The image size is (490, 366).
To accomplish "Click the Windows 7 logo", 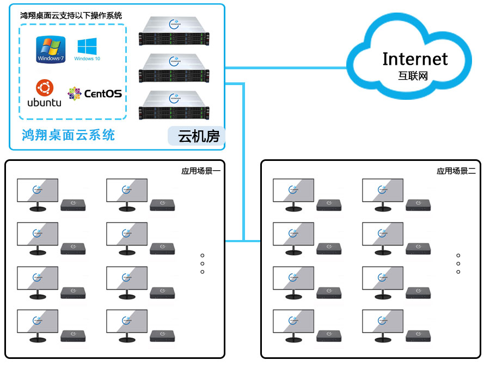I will (51, 50).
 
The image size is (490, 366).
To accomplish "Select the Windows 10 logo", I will (87, 49).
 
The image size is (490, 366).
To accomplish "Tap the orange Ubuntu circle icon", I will (44, 87).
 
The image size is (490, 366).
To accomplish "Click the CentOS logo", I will (95, 93).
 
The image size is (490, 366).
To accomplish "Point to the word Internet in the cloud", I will (415, 58).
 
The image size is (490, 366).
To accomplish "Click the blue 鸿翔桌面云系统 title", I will (68, 135).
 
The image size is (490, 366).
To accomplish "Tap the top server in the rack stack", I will (174, 32).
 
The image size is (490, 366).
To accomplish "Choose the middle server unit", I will (174, 68).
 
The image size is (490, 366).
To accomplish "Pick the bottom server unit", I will (174, 105).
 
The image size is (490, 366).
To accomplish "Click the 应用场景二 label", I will (456, 171).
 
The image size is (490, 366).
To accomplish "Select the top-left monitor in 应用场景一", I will (38, 191).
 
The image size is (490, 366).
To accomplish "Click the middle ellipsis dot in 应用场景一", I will (203, 263).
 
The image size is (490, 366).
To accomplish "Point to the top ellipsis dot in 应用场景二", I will (458, 255).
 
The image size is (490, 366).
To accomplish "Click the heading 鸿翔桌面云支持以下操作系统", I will (71, 15).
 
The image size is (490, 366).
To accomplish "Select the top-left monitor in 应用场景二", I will (293, 191).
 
